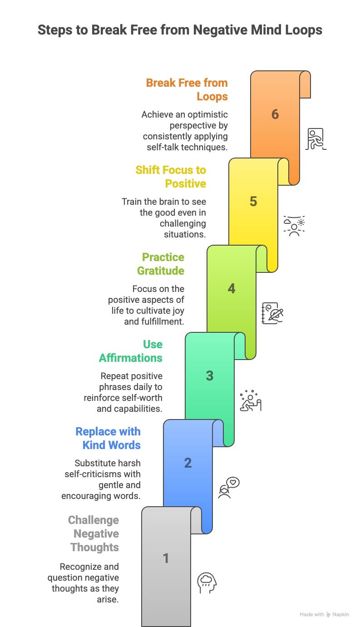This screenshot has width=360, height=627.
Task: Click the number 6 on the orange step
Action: (275, 114)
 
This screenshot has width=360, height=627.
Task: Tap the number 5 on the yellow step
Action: (253, 201)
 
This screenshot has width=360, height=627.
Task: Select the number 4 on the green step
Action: (232, 288)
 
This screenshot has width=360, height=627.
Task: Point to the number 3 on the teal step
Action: (210, 375)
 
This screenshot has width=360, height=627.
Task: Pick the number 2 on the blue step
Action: (188, 463)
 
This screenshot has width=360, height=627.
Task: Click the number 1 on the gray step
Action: (166, 558)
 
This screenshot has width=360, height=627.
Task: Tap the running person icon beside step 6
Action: (316, 139)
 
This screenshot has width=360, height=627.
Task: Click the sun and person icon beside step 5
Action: (294, 226)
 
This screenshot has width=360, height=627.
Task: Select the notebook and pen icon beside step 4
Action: (272, 313)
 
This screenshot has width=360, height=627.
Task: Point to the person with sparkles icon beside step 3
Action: (251, 400)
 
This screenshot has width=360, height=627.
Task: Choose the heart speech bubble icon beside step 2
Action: (229, 487)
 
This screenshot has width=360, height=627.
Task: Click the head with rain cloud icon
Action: (207, 582)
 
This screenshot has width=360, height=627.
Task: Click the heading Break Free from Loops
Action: (187, 90)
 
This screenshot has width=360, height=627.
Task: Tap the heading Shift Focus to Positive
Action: (171, 177)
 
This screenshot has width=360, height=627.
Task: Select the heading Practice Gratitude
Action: (161, 264)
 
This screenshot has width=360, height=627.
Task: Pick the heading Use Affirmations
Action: (131, 351)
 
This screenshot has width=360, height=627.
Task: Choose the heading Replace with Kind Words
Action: (108, 438)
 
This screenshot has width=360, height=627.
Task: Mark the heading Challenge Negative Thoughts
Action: (94, 533)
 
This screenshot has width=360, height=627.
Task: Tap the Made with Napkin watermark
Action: (324, 614)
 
